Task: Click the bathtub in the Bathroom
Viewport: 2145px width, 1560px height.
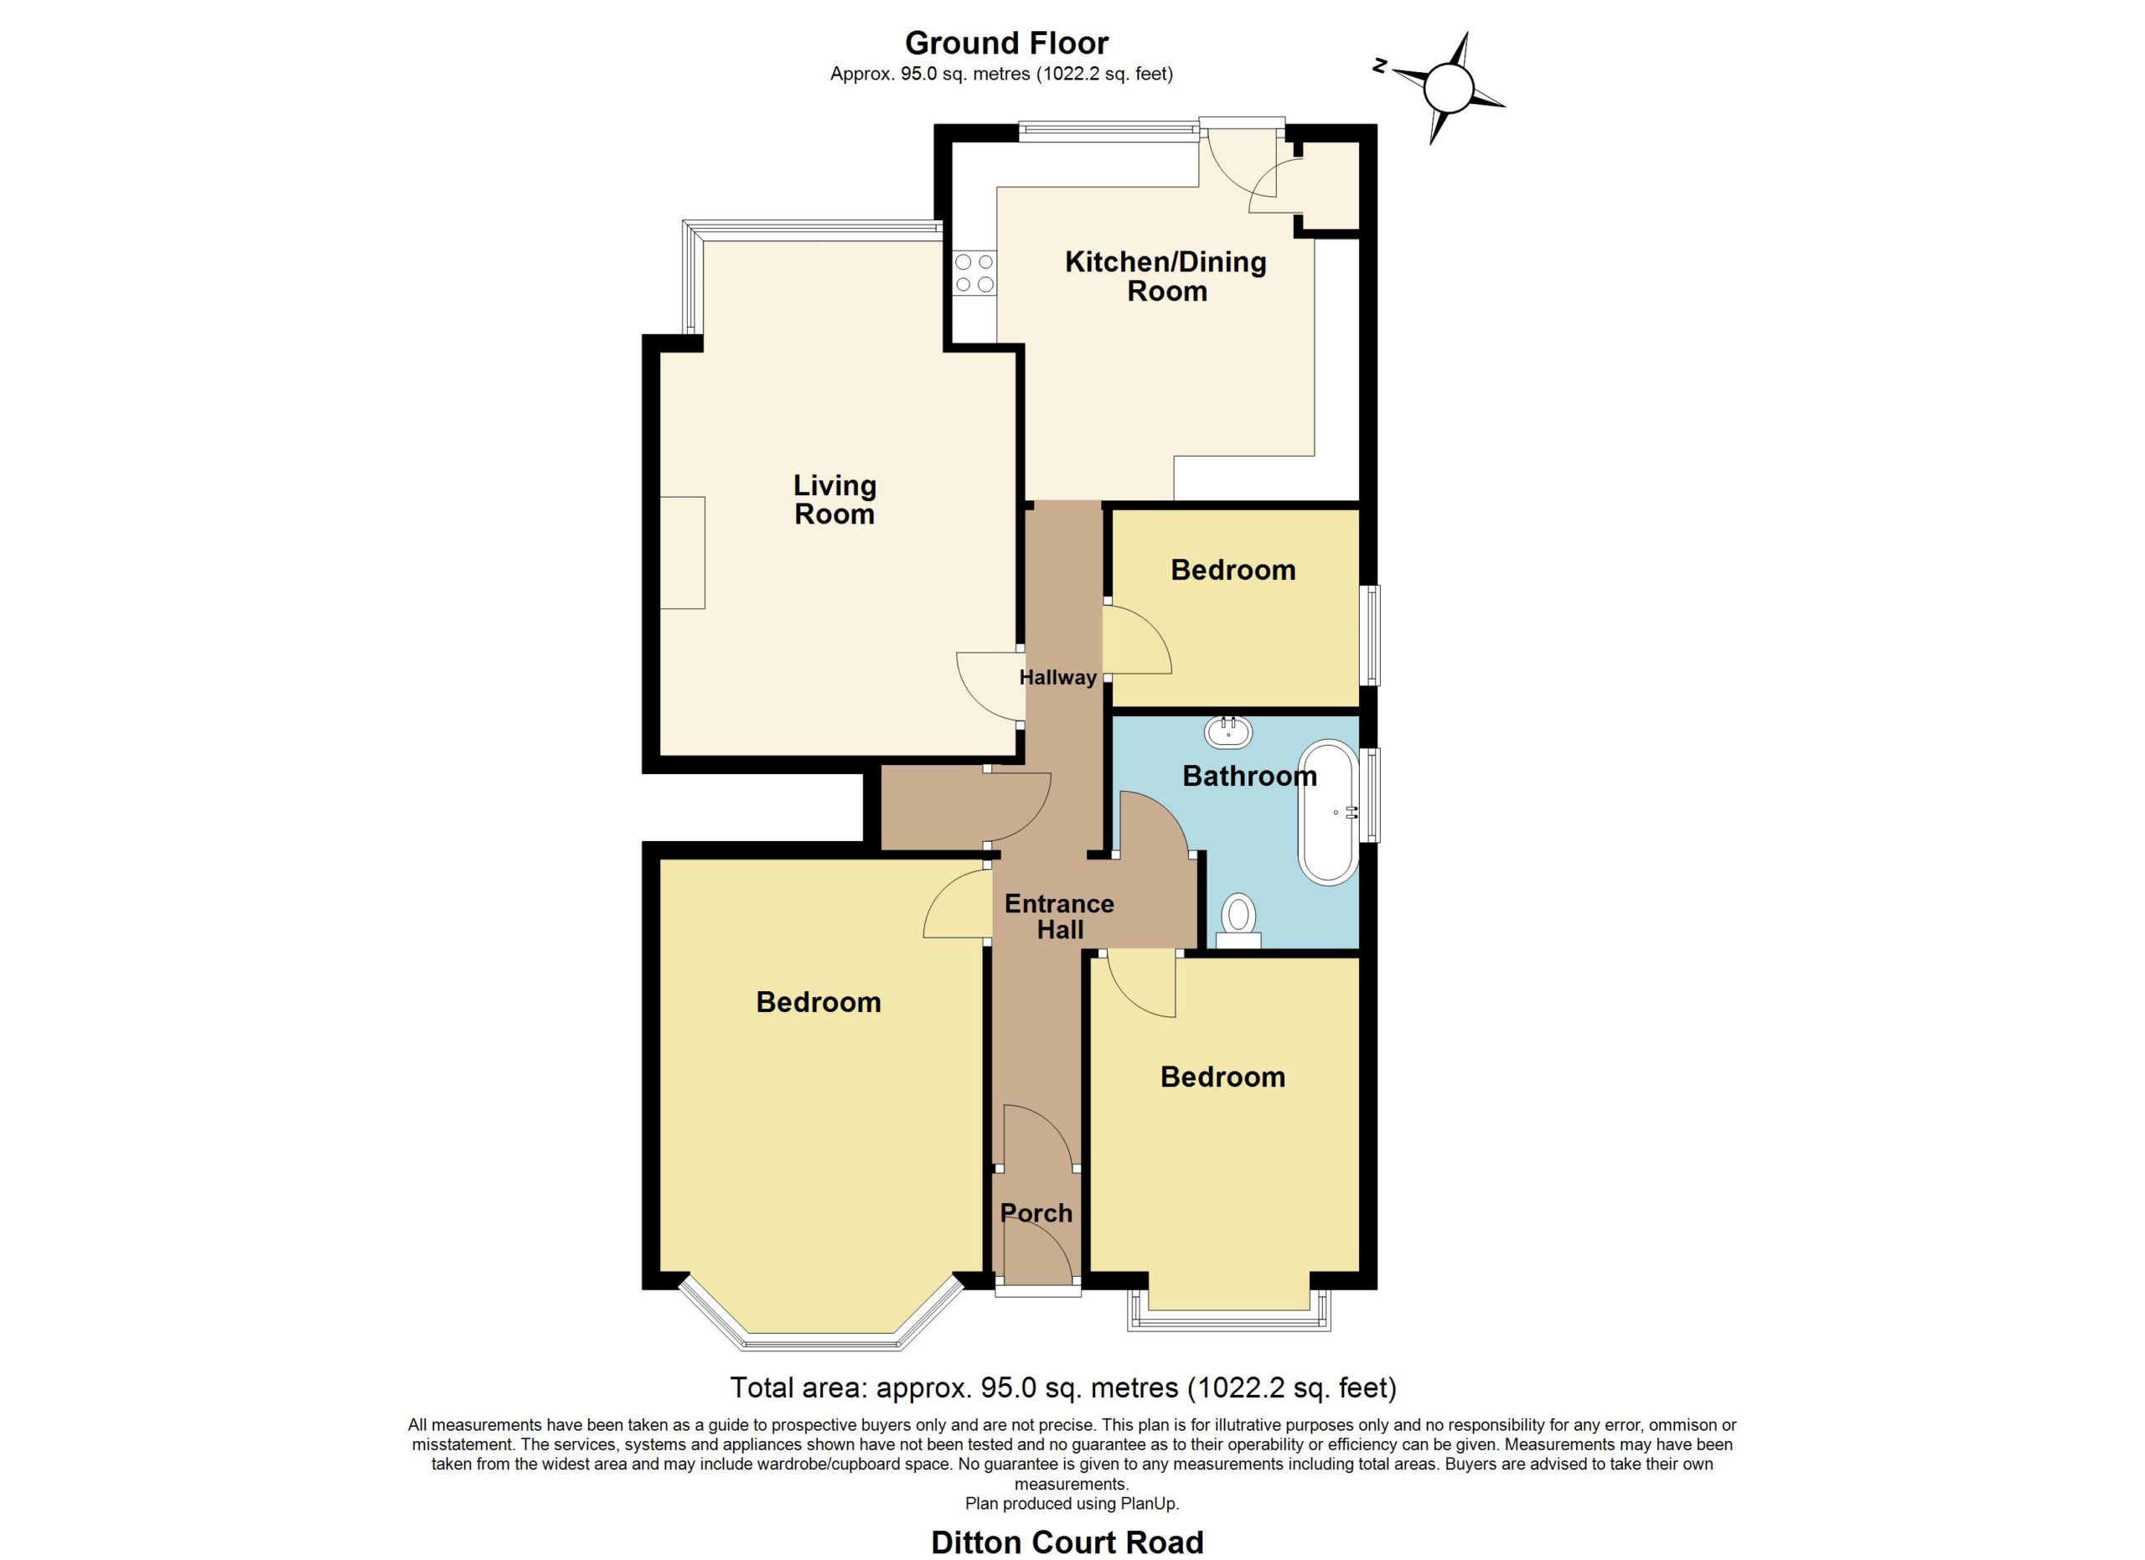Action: [1329, 812]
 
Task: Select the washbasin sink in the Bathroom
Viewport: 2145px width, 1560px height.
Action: [1228, 731]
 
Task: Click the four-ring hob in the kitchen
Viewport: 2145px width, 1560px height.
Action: [974, 272]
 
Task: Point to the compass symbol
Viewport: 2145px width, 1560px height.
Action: [1447, 88]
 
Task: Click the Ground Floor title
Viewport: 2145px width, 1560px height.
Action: [1006, 43]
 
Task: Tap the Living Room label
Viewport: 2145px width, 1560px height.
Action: [835, 499]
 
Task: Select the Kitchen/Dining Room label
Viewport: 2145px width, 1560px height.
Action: [1166, 276]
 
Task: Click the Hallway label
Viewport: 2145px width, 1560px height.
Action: [1057, 677]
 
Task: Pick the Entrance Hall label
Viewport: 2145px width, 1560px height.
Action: [1059, 917]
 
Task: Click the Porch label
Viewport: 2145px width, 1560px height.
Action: [1036, 1213]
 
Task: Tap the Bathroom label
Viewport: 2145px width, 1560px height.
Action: [1249, 776]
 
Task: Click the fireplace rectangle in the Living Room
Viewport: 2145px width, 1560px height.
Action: [682, 553]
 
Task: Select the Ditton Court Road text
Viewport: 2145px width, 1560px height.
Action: [1067, 1542]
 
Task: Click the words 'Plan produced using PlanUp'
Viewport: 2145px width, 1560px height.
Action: [1072, 1503]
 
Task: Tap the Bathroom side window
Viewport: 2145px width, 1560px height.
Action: [1369, 794]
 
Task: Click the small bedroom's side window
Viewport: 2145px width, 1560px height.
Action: [1369, 635]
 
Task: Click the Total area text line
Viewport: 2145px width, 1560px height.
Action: [1063, 1388]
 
